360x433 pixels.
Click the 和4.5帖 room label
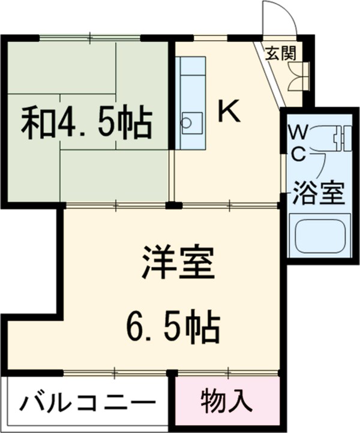(x=86, y=122)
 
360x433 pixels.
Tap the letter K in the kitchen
(x=228, y=110)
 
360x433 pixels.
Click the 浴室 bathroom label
(x=318, y=193)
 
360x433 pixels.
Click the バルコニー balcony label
(x=88, y=403)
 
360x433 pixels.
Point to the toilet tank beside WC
(x=340, y=137)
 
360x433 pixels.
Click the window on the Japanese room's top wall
(x=90, y=38)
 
